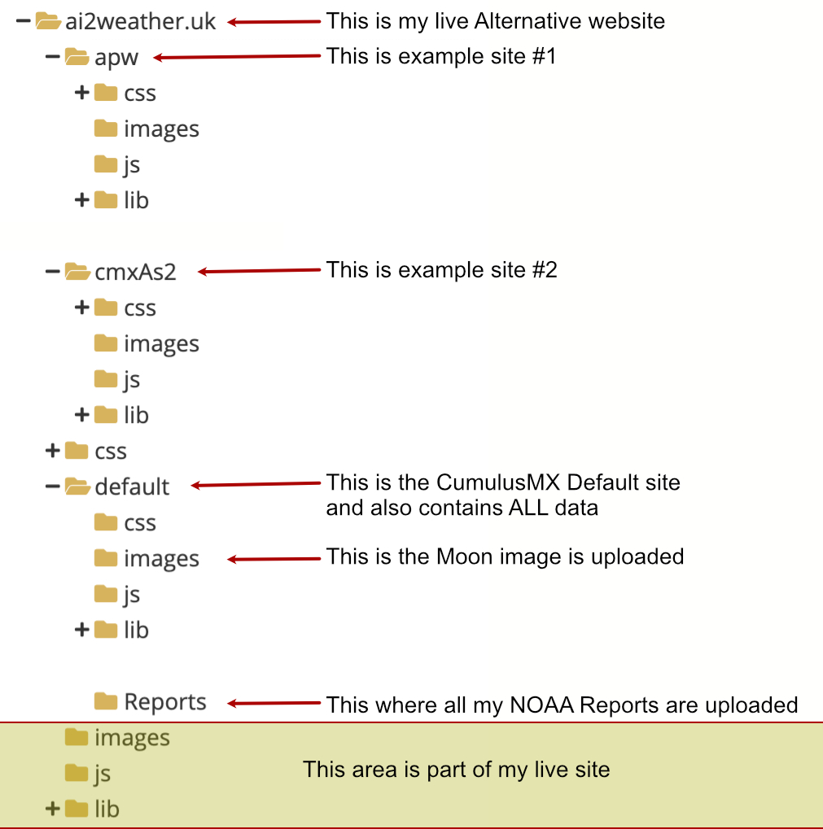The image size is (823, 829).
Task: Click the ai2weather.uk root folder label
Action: pyautogui.click(x=141, y=21)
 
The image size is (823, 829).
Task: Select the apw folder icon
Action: pyautogui.click(x=77, y=57)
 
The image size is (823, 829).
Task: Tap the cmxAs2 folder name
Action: pyautogui.click(x=135, y=272)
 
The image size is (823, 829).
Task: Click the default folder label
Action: pyautogui.click(x=132, y=486)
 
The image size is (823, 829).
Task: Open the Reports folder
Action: pyautogui.click(x=164, y=701)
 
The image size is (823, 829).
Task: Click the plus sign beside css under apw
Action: pyautogui.click(x=81, y=93)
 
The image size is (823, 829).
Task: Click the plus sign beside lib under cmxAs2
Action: pyautogui.click(x=81, y=415)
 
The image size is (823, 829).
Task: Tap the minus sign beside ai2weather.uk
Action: pyautogui.click(x=23, y=21)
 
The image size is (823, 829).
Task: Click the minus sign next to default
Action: pyautogui.click(x=52, y=486)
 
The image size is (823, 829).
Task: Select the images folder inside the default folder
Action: pyautogui.click(x=161, y=558)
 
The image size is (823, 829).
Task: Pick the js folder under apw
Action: pyautogui.click(x=131, y=164)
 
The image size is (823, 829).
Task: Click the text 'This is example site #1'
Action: pyautogui.click(x=441, y=56)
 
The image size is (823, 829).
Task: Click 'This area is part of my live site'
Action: pyautogui.click(x=456, y=769)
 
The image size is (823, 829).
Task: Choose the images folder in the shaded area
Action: pyautogui.click(x=132, y=737)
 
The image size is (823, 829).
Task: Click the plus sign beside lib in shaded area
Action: pyautogui.click(x=52, y=809)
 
